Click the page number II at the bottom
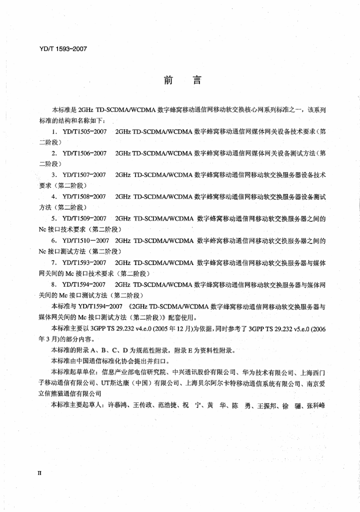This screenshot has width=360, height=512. point(40,471)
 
